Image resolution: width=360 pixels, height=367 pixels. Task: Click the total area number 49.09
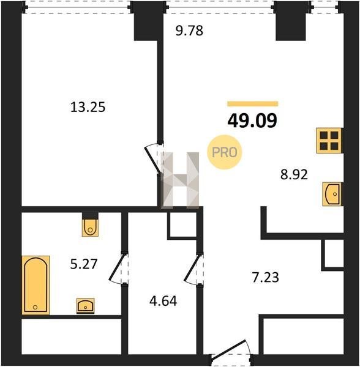click(x=252, y=120)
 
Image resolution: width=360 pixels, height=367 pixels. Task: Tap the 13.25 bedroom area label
click(x=88, y=108)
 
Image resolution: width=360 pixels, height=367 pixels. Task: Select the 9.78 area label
click(x=189, y=31)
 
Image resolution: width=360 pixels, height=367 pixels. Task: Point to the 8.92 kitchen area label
click(x=294, y=174)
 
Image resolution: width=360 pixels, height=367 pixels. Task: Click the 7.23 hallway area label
click(x=265, y=278)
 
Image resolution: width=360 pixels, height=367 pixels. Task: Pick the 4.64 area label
click(x=163, y=301)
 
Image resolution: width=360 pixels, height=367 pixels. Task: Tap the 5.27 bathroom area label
click(x=84, y=264)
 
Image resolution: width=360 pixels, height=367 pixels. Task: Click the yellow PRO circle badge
click(x=224, y=152)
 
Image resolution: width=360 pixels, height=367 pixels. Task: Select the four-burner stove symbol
click(x=329, y=141)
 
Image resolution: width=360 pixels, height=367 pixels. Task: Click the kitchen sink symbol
click(x=332, y=194)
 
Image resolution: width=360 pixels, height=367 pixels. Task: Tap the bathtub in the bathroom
click(x=36, y=285)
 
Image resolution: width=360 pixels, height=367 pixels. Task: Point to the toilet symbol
click(x=90, y=227)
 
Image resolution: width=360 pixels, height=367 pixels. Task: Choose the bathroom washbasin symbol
click(x=86, y=306)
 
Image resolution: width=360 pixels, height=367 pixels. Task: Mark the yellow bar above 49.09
click(x=253, y=104)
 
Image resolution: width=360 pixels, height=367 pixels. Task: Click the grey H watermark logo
click(x=181, y=180)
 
